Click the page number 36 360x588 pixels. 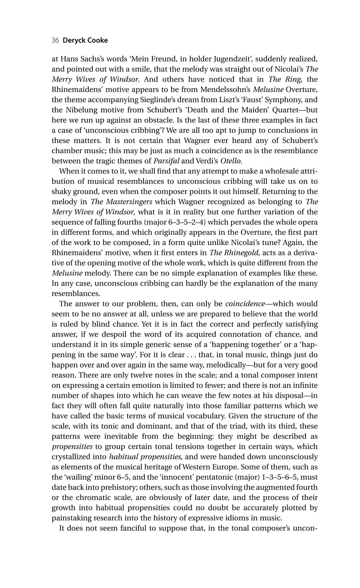tap(56, 40)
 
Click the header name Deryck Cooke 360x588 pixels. tap(85, 40)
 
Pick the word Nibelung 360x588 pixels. tap(80, 110)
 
